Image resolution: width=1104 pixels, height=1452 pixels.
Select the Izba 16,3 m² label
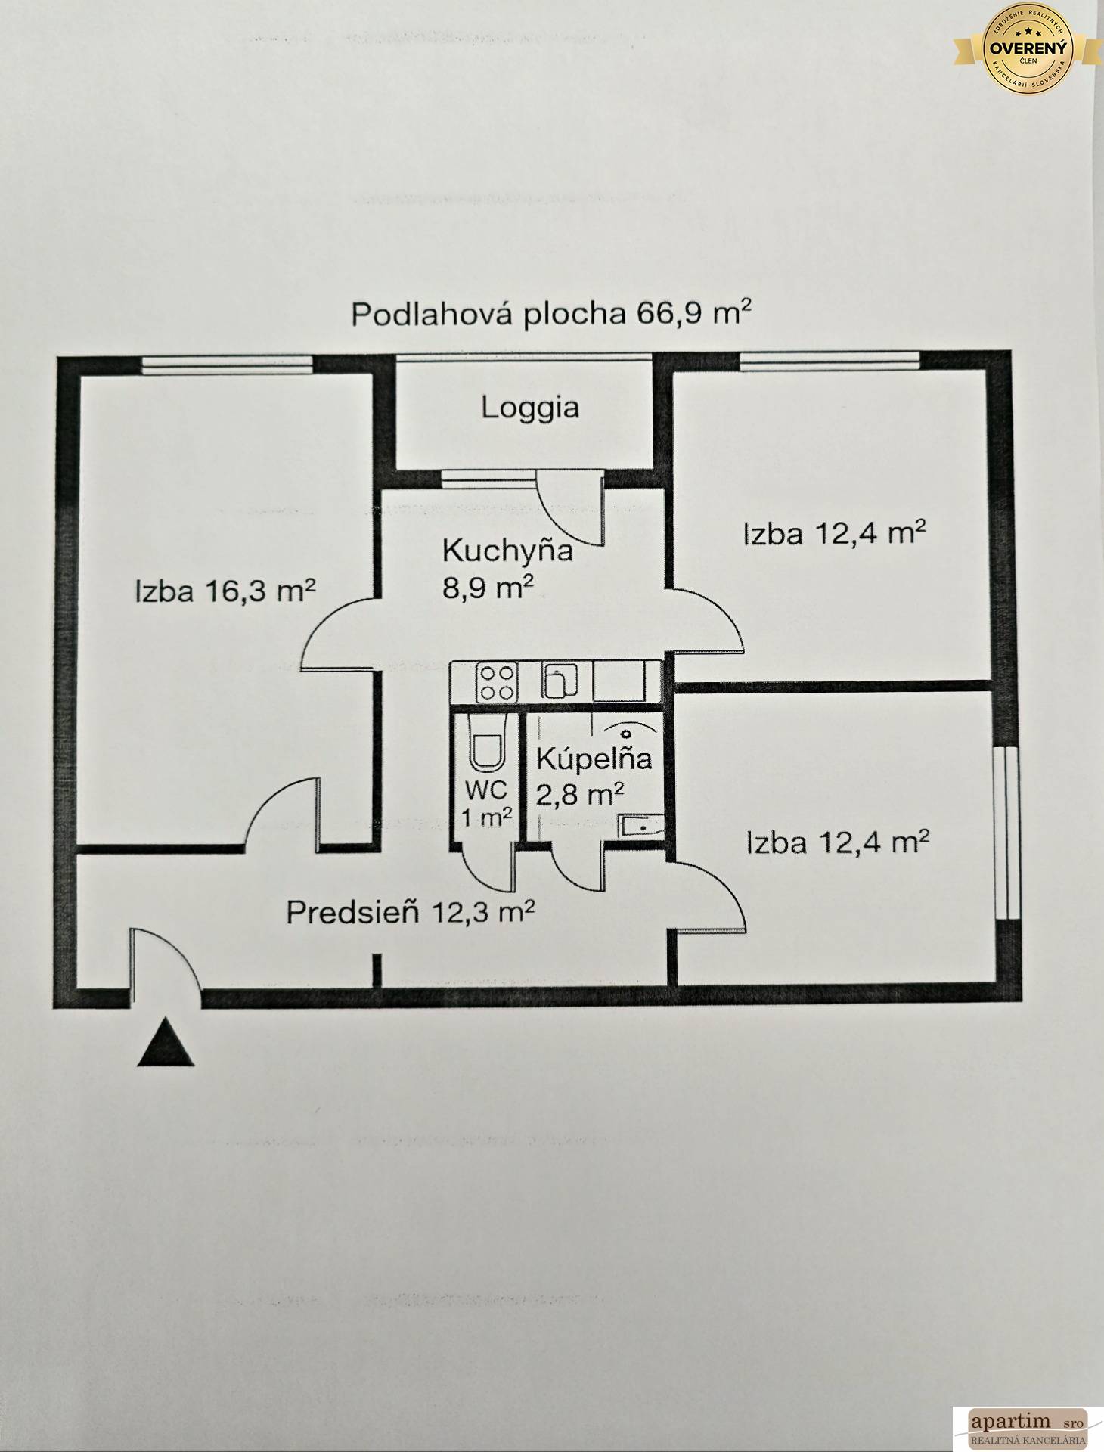point(225,591)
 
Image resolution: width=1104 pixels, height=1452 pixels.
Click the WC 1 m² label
point(488,802)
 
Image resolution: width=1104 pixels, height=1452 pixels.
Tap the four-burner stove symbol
point(496,681)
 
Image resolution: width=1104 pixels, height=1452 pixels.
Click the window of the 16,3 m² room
point(227,364)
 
